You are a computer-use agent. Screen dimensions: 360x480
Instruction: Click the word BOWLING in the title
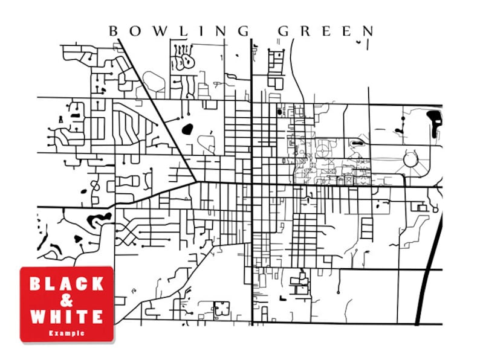click(179, 30)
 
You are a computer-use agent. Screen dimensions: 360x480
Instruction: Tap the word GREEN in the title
click(326, 30)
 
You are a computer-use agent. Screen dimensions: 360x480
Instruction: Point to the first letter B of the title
click(112, 30)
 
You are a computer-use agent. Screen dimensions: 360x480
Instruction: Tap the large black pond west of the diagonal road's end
click(186, 129)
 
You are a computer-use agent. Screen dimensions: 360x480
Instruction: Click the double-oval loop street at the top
click(184, 60)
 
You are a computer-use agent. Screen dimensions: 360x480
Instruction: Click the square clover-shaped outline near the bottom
click(221, 308)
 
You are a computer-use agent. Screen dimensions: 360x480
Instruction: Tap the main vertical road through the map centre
click(251, 181)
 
